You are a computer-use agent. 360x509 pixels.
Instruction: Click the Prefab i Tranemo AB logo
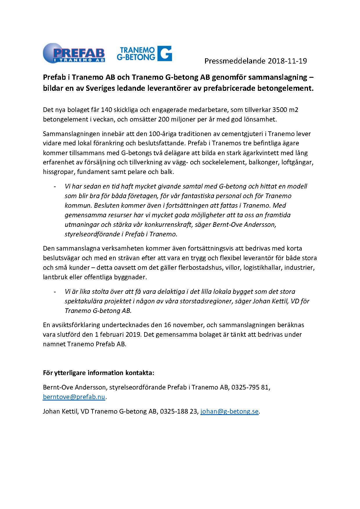pyautogui.click(x=74, y=53)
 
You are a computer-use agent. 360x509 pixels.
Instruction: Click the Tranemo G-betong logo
pyautogui.click(x=144, y=53)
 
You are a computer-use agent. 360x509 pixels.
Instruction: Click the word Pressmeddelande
pyautogui.click(x=235, y=61)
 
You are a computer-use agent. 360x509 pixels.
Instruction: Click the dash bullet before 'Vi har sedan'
pyautogui.click(x=55, y=186)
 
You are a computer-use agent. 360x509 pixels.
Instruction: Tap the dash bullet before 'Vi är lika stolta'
pyautogui.click(x=55, y=291)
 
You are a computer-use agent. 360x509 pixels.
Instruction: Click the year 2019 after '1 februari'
pyautogui.click(x=133, y=334)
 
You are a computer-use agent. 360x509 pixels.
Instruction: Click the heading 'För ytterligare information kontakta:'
pyautogui.click(x=98, y=373)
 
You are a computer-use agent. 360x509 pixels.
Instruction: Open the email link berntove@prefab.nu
pyautogui.click(x=74, y=397)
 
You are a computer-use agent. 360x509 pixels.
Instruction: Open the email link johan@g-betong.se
pyautogui.click(x=229, y=411)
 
